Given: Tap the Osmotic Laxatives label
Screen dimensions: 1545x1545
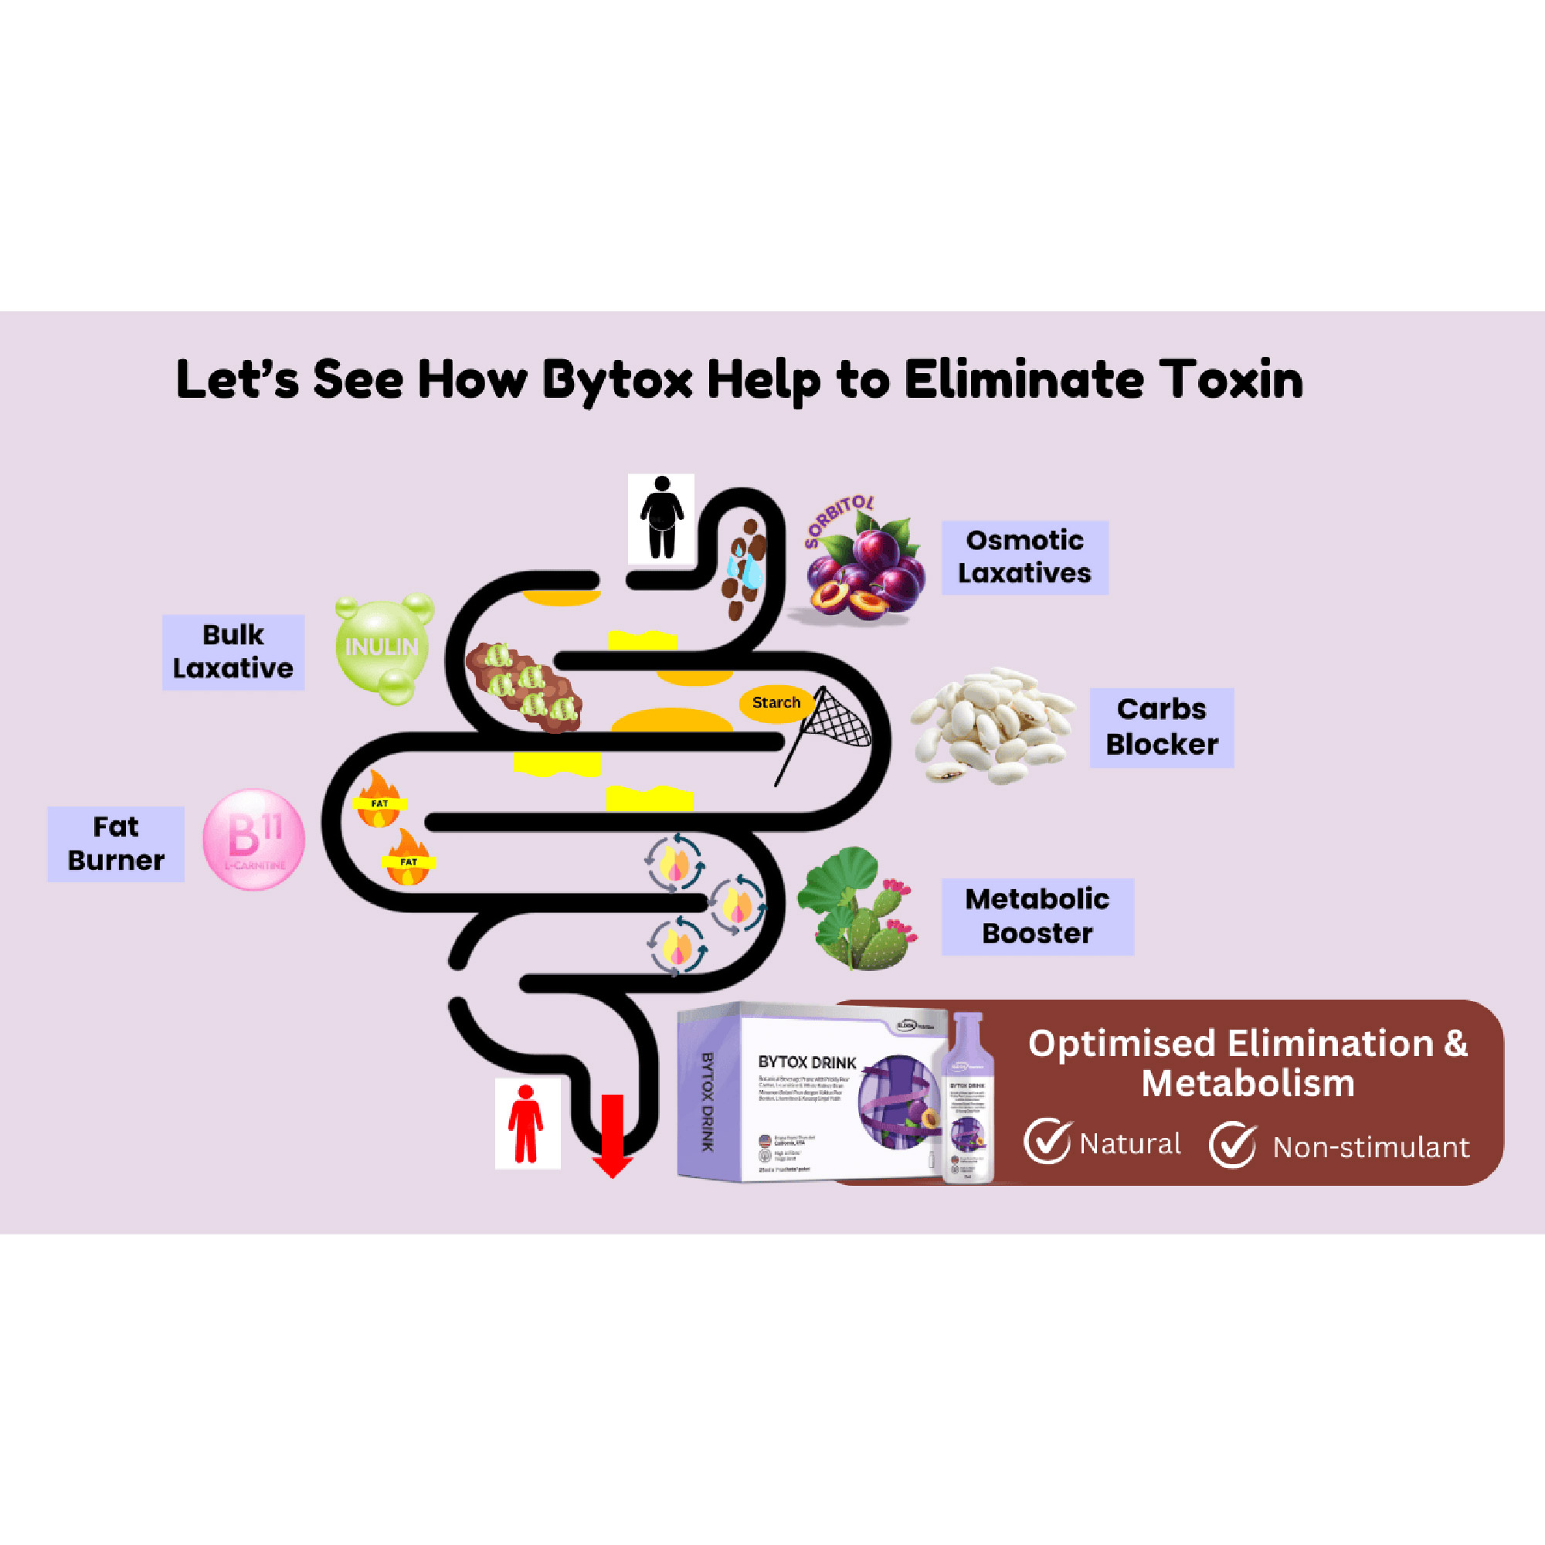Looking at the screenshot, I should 1024,558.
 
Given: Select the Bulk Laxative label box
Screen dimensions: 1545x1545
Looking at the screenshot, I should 233,652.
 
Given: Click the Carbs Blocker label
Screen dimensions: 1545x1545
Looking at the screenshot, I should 1161,727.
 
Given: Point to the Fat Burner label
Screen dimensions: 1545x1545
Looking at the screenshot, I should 116,844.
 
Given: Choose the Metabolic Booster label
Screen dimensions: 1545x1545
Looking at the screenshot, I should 1037,916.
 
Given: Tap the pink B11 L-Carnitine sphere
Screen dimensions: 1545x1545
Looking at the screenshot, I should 253,839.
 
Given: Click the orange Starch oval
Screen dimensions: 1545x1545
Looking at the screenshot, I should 776,703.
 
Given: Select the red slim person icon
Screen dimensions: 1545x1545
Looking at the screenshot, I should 526,1122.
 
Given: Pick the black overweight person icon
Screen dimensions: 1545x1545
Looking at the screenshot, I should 661,518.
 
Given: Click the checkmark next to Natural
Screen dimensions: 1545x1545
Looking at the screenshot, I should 1047,1142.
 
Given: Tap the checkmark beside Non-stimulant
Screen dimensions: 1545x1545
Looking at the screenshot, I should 1231,1145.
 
